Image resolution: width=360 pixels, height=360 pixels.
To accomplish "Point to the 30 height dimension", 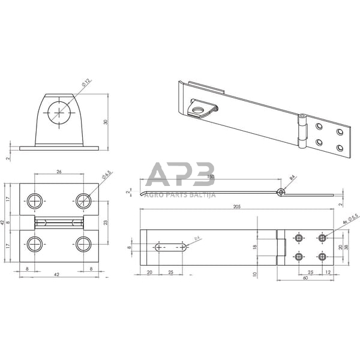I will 105,122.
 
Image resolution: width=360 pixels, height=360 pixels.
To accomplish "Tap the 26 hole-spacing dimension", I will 59,172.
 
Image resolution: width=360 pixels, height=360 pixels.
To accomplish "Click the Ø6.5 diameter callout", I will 106,175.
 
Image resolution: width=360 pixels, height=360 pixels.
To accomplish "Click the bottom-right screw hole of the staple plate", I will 83,244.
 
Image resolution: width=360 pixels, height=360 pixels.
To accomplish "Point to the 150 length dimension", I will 210,177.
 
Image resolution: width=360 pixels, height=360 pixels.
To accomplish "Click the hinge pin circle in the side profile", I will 280,192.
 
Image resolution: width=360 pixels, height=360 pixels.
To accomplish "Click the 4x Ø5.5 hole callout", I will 350,219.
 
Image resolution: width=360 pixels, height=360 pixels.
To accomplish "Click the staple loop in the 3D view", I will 199,109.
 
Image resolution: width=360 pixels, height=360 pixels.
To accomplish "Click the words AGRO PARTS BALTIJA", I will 180,194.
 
